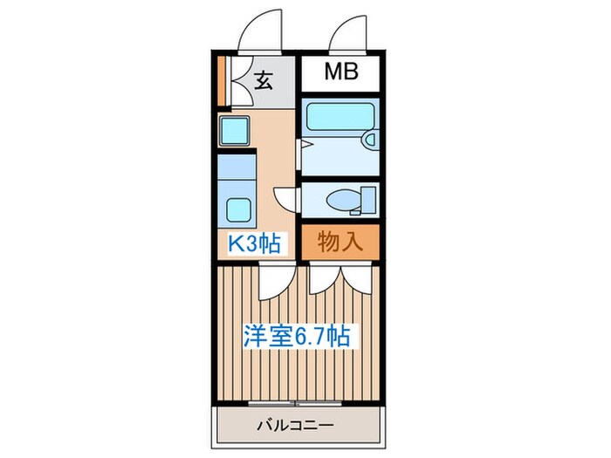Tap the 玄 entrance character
264,81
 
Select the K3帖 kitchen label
254,243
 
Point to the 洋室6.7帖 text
297,336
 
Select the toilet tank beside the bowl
368,198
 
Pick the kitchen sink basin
235,132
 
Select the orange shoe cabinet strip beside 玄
223,79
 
